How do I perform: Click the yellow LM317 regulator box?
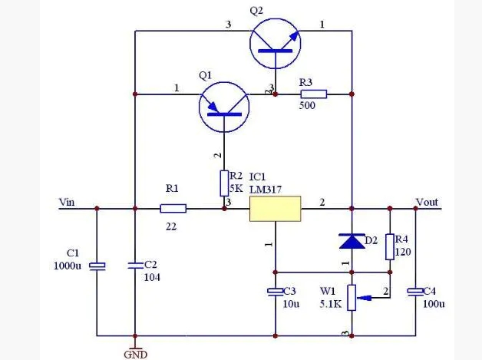[x=275, y=209]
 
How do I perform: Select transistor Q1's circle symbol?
[x=224, y=107]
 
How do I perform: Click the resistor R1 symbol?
[x=173, y=208]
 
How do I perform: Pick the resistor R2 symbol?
[x=224, y=183]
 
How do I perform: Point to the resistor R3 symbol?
[x=314, y=94]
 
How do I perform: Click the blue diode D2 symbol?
[x=352, y=241]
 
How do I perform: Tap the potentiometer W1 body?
[x=352, y=297]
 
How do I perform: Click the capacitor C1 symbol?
[x=97, y=266]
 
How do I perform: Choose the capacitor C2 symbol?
[x=135, y=265]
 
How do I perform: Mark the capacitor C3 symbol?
[x=275, y=292]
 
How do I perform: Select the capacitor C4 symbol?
[x=415, y=292]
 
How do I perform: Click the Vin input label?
[x=68, y=202]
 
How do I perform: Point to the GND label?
[x=135, y=354]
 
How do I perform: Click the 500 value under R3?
[x=306, y=106]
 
